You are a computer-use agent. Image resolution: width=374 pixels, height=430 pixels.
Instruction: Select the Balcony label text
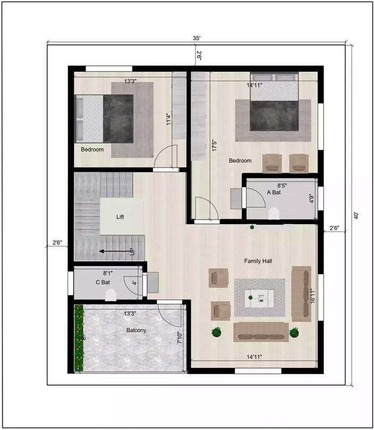point(137,330)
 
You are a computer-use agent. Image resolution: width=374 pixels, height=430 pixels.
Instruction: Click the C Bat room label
point(103,282)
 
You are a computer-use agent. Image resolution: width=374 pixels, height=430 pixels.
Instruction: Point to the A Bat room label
point(274,193)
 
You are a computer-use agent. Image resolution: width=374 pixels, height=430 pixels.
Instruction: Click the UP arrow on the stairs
point(116,252)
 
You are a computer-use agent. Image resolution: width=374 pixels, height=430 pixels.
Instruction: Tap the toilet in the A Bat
point(274,213)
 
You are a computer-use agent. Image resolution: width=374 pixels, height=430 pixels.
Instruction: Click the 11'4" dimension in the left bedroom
point(168,119)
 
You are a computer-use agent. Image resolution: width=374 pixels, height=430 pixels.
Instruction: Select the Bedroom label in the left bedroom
point(92,150)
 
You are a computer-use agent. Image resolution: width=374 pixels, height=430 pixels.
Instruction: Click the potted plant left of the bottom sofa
point(216,333)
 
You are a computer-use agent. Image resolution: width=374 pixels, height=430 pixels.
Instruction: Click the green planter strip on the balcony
point(79,338)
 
